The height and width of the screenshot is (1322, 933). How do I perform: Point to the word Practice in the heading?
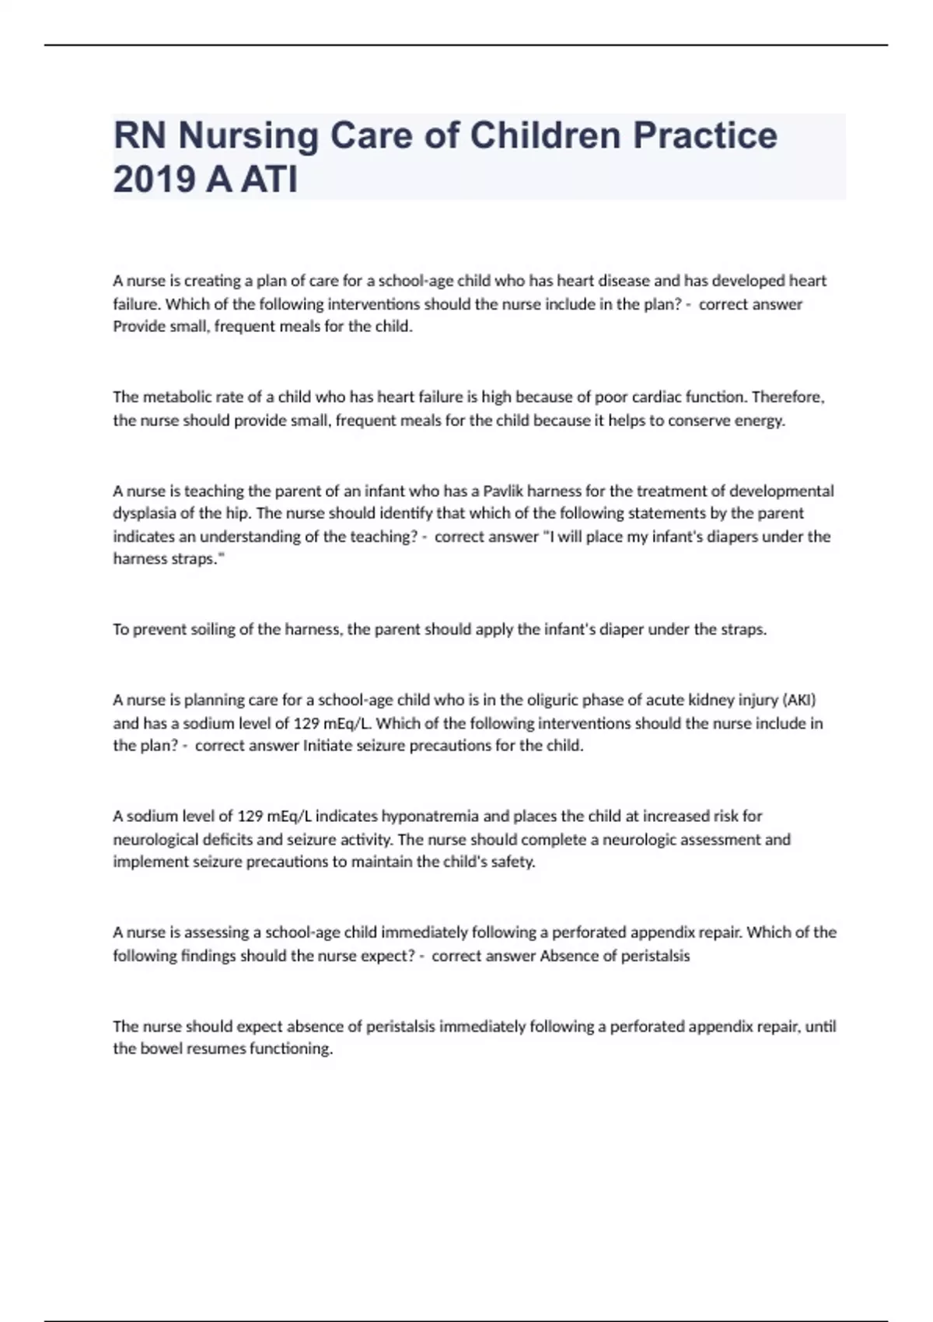pos(704,135)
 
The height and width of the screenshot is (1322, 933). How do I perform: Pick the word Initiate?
pos(327,745)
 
